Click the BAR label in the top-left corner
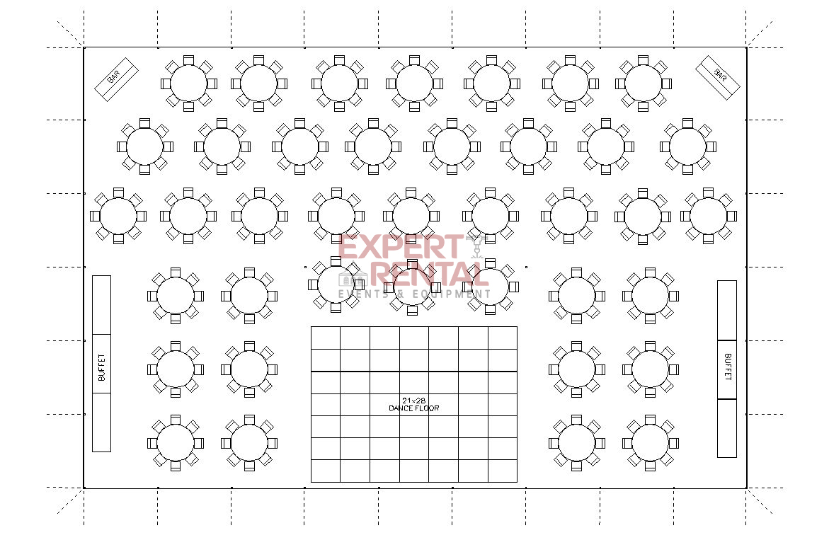(114, 77)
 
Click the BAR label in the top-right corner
(719, 74)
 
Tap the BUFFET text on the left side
(101, 367)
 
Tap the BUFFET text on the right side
(728, 367)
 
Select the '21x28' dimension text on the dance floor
(413, 401)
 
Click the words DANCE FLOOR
(413, 408)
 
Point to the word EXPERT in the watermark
(400, 247)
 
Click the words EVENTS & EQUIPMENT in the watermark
(414, 294)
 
